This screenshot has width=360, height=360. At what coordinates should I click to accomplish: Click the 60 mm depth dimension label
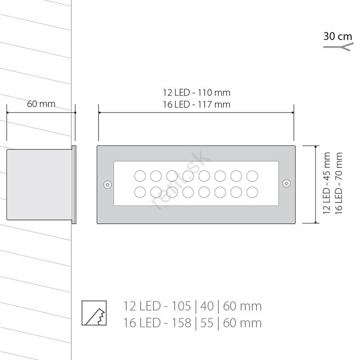pyautogui.click(x=41, y=104)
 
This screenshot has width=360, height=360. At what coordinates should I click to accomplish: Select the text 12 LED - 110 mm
pyautogui.click(x=197, y=93)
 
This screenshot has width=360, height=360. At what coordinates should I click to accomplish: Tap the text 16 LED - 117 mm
pyautogui.click(x=197, y=105)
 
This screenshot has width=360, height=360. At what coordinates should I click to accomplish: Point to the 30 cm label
pyautogui.click(x=337, y=36)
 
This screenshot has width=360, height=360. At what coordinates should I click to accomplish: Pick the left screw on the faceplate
pyautogui.click(x=108, y=184)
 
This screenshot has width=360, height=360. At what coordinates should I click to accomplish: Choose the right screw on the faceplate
pyautogui.click(x=286, y=184)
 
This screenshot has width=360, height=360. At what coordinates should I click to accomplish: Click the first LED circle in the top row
pyautogui.click(x=140, y=176)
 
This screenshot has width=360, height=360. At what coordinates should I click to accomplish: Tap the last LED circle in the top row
pyautogui.click(x=252, y=176)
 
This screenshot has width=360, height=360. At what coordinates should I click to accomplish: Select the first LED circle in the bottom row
pyautogui.click(x=140, y=192)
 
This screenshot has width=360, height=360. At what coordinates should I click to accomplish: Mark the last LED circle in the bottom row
pyautogui.click(x=252, y=192)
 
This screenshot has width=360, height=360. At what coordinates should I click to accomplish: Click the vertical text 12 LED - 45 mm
pyautogui.click(x=327, y=183)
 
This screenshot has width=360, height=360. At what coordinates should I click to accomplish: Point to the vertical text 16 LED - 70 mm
pyautogui.click(x=339, y=183)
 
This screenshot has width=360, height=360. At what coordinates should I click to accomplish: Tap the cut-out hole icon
pyautogui.click(x=94, y=313)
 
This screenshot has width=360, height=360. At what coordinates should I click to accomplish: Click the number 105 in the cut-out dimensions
pyautogui.click(x=181, y=306)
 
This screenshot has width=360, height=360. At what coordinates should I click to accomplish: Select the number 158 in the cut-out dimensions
pyautogui.click(x=181, y=323)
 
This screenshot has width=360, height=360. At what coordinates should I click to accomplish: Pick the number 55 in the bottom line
pyautogui.click(x=207, y=323)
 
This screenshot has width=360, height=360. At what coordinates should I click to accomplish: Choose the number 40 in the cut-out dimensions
pyautogui.click(x=207, y=306)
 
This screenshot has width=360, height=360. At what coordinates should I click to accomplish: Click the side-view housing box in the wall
pyautogui.click(x=39, y=184)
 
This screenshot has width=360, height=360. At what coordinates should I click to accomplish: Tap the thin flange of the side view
pyautogui.click(x=74, y=184)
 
